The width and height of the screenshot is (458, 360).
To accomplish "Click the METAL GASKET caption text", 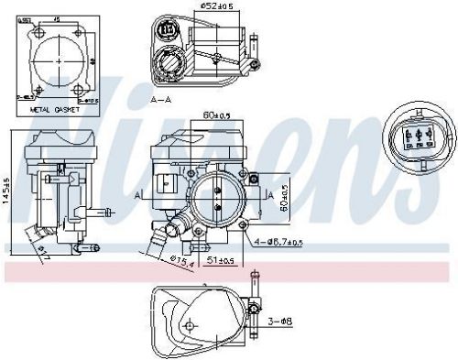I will [x=55, y=109].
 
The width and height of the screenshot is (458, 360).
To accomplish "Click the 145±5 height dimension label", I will [x=7, y=191].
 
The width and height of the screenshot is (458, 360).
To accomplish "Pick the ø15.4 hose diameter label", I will [x=182, y=263].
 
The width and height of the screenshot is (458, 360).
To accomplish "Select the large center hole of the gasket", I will [x=59, y=59].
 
